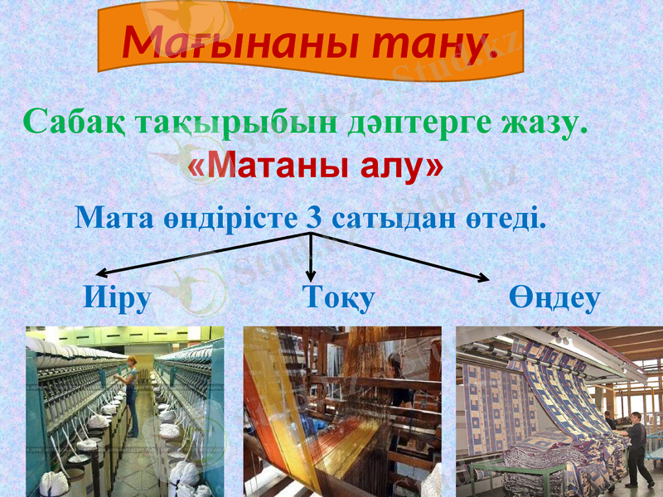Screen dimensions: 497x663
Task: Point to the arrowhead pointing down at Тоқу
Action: click(311, 276)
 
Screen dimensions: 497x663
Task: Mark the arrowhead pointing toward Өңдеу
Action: click(482, 277)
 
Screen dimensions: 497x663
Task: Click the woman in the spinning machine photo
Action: click(130, 389)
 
